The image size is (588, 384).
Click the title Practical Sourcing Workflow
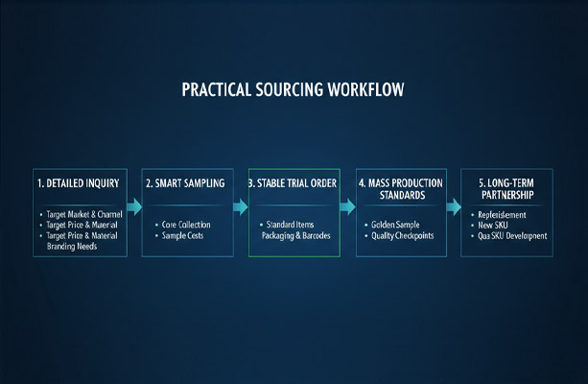pos(294,89)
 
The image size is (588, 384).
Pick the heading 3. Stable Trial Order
pos(293,181)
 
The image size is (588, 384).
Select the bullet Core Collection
pos(187,225)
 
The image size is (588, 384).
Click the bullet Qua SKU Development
pos(519,236)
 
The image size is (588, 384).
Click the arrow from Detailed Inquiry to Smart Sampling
pos(133,206)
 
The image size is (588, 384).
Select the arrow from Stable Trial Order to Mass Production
pos(347,206)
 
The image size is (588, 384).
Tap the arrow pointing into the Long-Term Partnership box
pos(455,206)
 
